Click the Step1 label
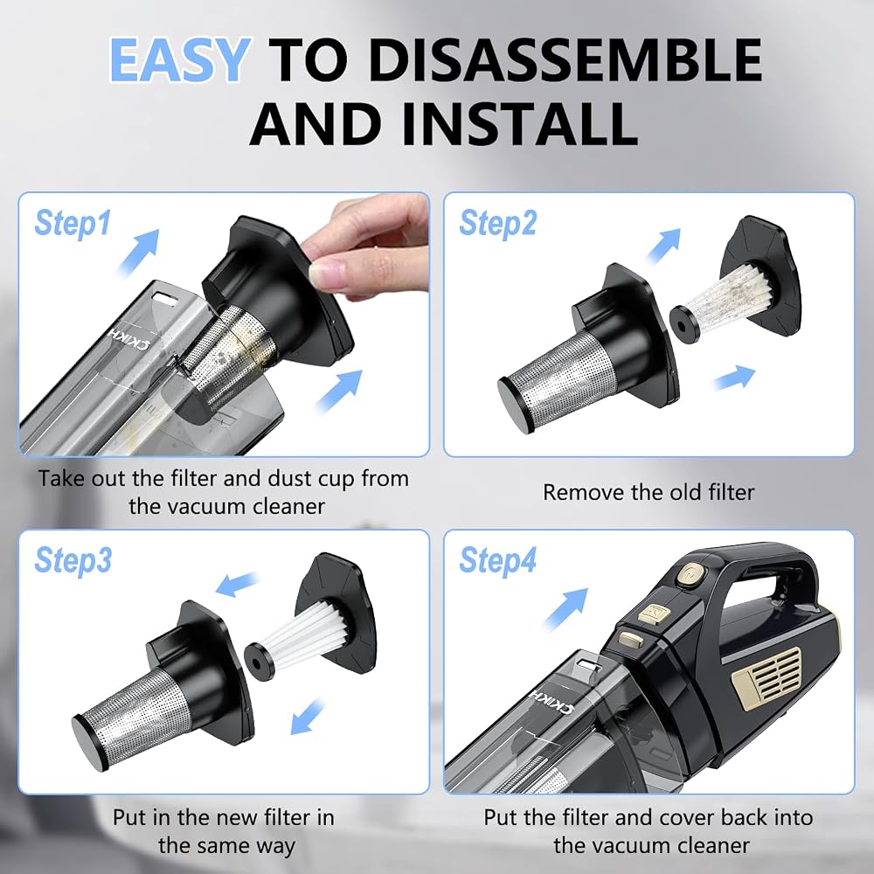pyautogui.click(x=73, y=223)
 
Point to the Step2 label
pyautogui.click(x=498, y=223)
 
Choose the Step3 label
pyautogui.click(x=73, y=559)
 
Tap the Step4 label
pyautogui.click(x=498, y=559)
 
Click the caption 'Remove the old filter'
pyautogui.click(x=649, y=492)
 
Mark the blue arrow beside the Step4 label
pyautogui.click(x=566, y=609)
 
